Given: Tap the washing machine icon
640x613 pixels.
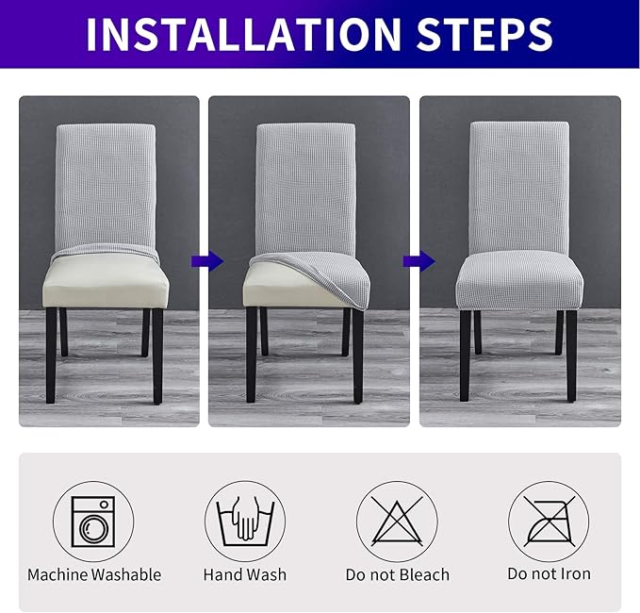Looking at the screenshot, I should (94, 522).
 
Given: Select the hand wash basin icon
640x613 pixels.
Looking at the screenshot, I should (245, 522).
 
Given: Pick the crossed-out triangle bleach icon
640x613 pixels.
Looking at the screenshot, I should (396, 522).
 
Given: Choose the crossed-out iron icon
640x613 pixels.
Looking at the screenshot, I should (549, 522).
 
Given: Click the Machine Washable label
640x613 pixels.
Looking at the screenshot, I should (94, 574).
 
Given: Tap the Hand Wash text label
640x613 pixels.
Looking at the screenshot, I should (245, 574).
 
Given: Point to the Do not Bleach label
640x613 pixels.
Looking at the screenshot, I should (396, 574).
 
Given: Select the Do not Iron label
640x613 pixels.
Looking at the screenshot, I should (549, 574).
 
